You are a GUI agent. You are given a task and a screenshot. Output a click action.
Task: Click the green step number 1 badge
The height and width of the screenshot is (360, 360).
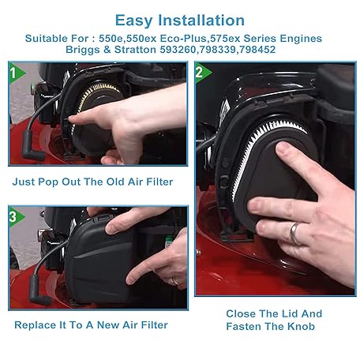point(16,73)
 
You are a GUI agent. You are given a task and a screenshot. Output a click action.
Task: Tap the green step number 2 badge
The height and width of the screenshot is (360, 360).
point(202,73)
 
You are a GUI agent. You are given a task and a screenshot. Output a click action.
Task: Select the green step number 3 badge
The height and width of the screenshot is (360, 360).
point(16,217)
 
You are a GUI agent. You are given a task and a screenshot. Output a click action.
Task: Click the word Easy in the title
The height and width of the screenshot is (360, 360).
point(133,21)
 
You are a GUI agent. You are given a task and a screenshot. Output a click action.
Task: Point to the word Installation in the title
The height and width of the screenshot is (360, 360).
point(201,21)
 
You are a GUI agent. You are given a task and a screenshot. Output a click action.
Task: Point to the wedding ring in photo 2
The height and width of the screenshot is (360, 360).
point(294,234)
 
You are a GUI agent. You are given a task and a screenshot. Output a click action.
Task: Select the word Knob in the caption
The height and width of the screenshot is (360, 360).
point(301,327)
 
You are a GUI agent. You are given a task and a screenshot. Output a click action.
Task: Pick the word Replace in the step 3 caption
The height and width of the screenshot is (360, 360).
point(35,325)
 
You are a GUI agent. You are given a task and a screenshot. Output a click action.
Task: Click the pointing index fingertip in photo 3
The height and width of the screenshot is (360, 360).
point(130,279)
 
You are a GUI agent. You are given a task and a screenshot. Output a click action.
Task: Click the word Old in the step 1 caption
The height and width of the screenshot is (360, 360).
point(115,182)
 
